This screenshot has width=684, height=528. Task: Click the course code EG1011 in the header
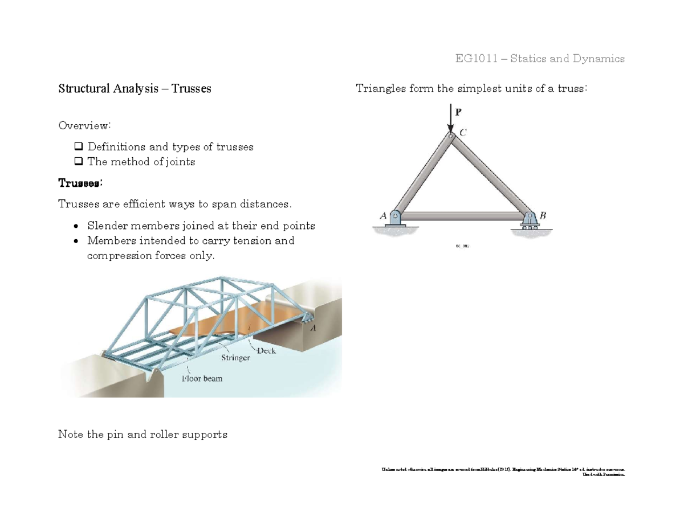477,59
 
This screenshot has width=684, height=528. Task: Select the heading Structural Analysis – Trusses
135,89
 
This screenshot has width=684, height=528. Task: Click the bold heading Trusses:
80,183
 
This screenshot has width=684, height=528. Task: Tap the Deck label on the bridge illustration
266,351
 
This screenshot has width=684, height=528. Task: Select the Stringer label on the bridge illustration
236,359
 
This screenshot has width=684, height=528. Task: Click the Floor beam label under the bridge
202,378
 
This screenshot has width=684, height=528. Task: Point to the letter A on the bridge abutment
313,328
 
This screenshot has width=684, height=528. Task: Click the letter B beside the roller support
543,215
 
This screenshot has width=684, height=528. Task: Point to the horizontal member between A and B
463,216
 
